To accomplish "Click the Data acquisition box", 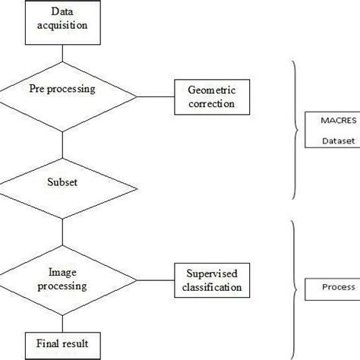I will click(64, 19).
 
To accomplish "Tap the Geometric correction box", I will click(210, 96).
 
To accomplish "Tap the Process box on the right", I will click(333, 288).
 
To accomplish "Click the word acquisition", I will click(64, 25).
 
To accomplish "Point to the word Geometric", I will click(210, 90).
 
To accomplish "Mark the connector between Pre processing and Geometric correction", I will click(156, 96).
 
